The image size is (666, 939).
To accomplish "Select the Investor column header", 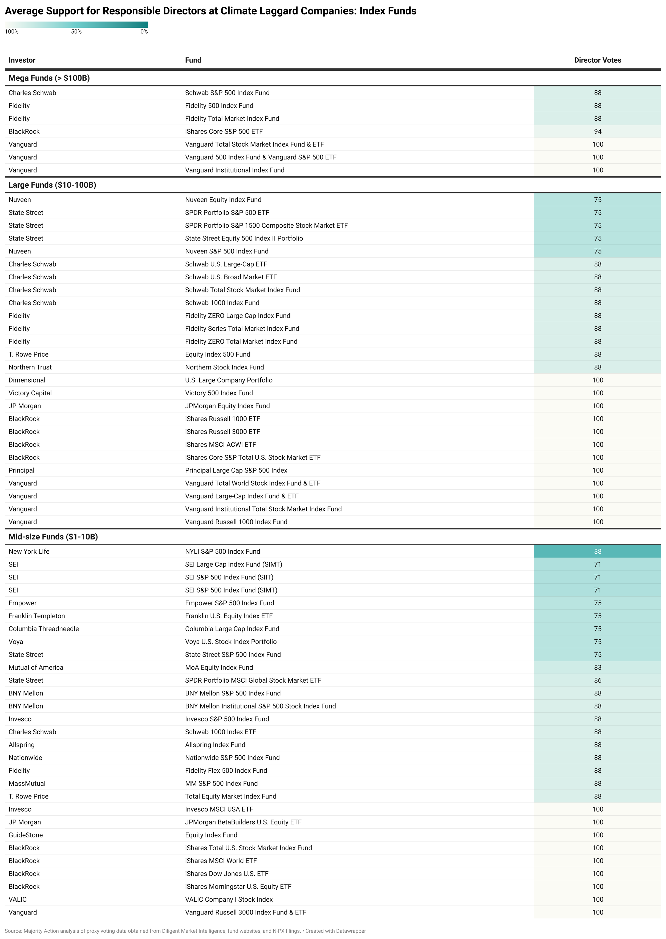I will tap(22, 60).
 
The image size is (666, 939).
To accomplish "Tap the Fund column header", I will tap(193, 60).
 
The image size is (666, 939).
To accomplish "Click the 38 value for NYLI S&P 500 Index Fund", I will tap(598, 551).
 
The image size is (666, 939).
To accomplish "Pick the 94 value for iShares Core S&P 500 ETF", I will tap(598, 131).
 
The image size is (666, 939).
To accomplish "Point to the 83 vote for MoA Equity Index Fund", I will tap(598, 667).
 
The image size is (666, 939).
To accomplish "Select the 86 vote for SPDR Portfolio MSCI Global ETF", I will tap(598, 680).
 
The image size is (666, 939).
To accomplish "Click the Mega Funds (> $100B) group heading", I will tap(49, 78).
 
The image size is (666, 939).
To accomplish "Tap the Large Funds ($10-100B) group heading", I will tap(52, 185).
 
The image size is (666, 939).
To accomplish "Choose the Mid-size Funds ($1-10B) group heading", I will tap(53, 537).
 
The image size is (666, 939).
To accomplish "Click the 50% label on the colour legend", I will tap(76, 32).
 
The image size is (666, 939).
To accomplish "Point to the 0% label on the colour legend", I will tap(144, 32).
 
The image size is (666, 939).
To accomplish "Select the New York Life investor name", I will tap(29, 551).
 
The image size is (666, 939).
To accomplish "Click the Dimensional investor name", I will tap(27, 380).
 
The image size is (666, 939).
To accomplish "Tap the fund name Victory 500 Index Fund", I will tap(219, 393).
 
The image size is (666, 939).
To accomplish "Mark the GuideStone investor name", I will tap(25, 835).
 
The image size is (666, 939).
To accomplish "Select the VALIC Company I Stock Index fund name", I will tap(229, 899).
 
